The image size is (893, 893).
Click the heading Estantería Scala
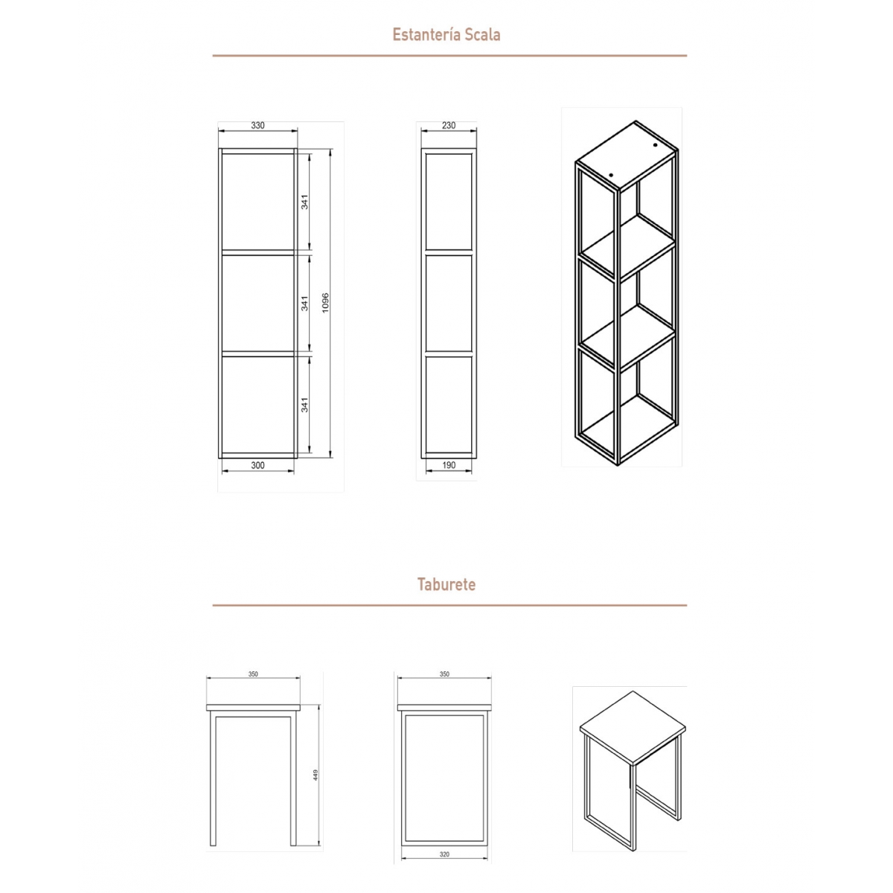(x=446, y=34)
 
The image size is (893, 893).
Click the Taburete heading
(x=446, y=584)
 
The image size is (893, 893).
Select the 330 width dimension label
(x=257, y=126)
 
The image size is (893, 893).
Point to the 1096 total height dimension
(x=325, y=303)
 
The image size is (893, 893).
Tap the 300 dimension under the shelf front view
(x=257, y=466)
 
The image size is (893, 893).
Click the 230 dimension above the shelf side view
(x=448, y=126)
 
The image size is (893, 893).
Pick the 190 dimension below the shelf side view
(x=448, y=466)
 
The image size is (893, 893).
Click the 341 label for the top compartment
(x=304, y=201)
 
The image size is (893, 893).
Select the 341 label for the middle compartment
(x=304, y=303)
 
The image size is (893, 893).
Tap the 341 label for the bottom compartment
(x=304, y=404)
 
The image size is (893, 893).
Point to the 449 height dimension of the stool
(x=316, y=775)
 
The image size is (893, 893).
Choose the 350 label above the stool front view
(x=253, y=674)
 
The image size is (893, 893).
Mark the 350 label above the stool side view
(x=444, y=674)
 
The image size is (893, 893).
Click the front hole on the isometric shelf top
(x=611, y=175)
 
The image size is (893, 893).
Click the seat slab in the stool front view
(x=253, y=706)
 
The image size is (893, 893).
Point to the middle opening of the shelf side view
(x=449, y=303)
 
